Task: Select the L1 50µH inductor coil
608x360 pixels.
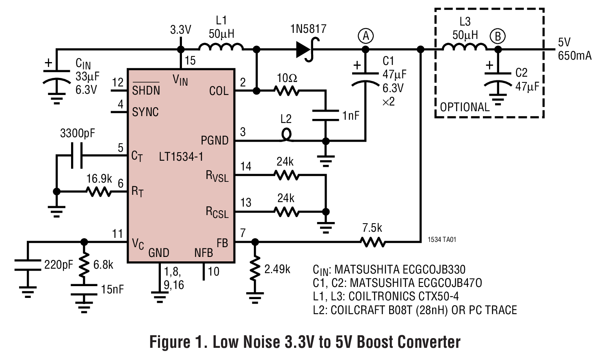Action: pyautogui.click(x=221, y=47)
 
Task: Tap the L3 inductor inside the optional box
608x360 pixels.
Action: pyautogui.click(x=464, y=47)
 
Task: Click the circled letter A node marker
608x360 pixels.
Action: pyautogui.click(x=366, y=36)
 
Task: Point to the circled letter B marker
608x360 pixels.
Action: pyautogui.click(x=497, y=37)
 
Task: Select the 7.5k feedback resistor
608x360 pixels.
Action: pyautogui.click(x=372, y=242)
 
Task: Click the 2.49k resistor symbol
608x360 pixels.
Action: pyautogui.click(x=255, y=268)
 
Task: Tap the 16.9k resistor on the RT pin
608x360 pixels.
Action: pyautogui.click(x=99, y=192)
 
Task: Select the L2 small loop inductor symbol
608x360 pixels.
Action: pyautogui.click(x=286, y=136)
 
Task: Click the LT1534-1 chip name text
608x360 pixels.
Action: pyautogui.click(x=181, y=157)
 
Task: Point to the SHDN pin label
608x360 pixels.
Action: pyautogui.click(x=146, y=90)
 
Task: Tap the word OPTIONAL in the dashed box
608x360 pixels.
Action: pyautogui.click(x=465, y=107)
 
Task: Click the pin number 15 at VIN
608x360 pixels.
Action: pyautogui.click(x=190, y=61)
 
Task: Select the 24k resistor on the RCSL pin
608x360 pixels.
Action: pyautogui.click(x=287, y=211)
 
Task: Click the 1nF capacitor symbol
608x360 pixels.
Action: pyautogui.click(x=325, y=115)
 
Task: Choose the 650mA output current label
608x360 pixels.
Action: pyautogui.click(x=574, y=56)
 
